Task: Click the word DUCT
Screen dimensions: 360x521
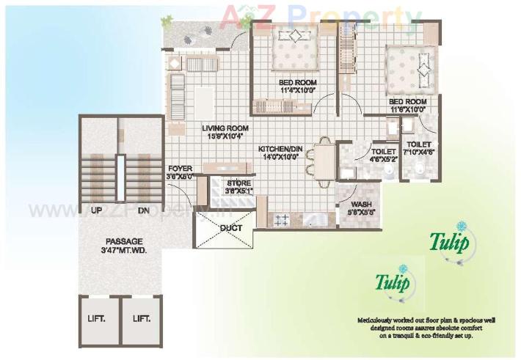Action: coord(231,228)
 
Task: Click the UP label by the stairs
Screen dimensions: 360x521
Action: coord(96,210)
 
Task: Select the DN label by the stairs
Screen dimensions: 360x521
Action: coord(144,210)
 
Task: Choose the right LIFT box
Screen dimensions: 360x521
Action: coord(141,319)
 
